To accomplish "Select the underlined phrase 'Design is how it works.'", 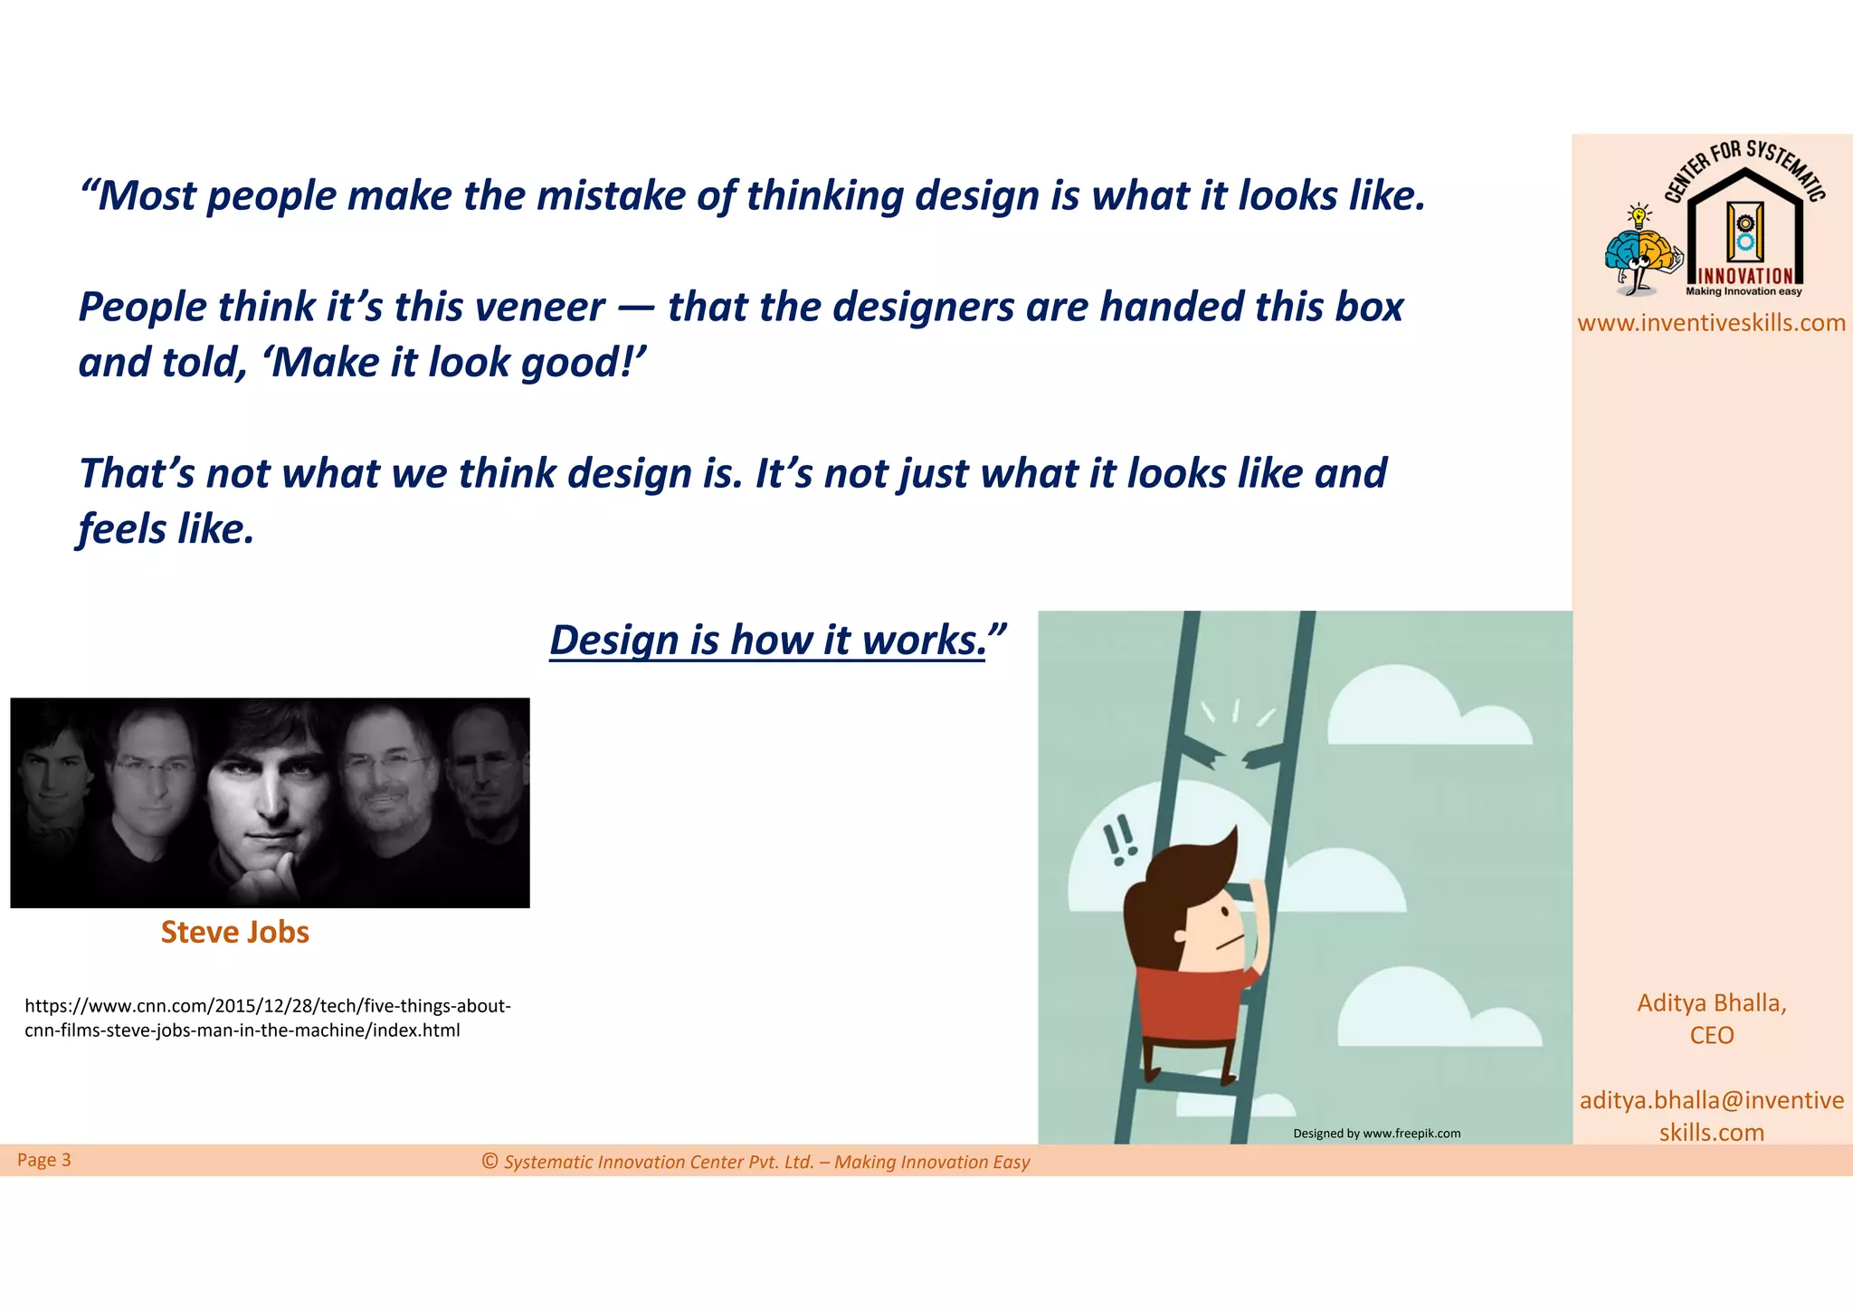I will (x=767, y=641).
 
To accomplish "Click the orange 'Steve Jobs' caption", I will (x=234, y=932).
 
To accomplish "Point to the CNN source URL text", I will (x=267, y=1018).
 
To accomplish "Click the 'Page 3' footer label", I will (x=43, y=1160).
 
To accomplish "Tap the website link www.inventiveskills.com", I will (x=1711, y=323).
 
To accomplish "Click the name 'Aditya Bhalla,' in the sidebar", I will (x=1711, y=1002).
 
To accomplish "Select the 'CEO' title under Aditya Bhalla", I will (x=1711, y=1035).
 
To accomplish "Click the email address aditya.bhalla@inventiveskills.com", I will (x=1711, y=1115).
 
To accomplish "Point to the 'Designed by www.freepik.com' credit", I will (x=1376, y=1134).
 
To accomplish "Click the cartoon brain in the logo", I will (x=1641, y=252).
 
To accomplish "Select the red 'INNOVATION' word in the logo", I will (x=1744, y=276).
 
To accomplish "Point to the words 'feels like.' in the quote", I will (x=166, y=529).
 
